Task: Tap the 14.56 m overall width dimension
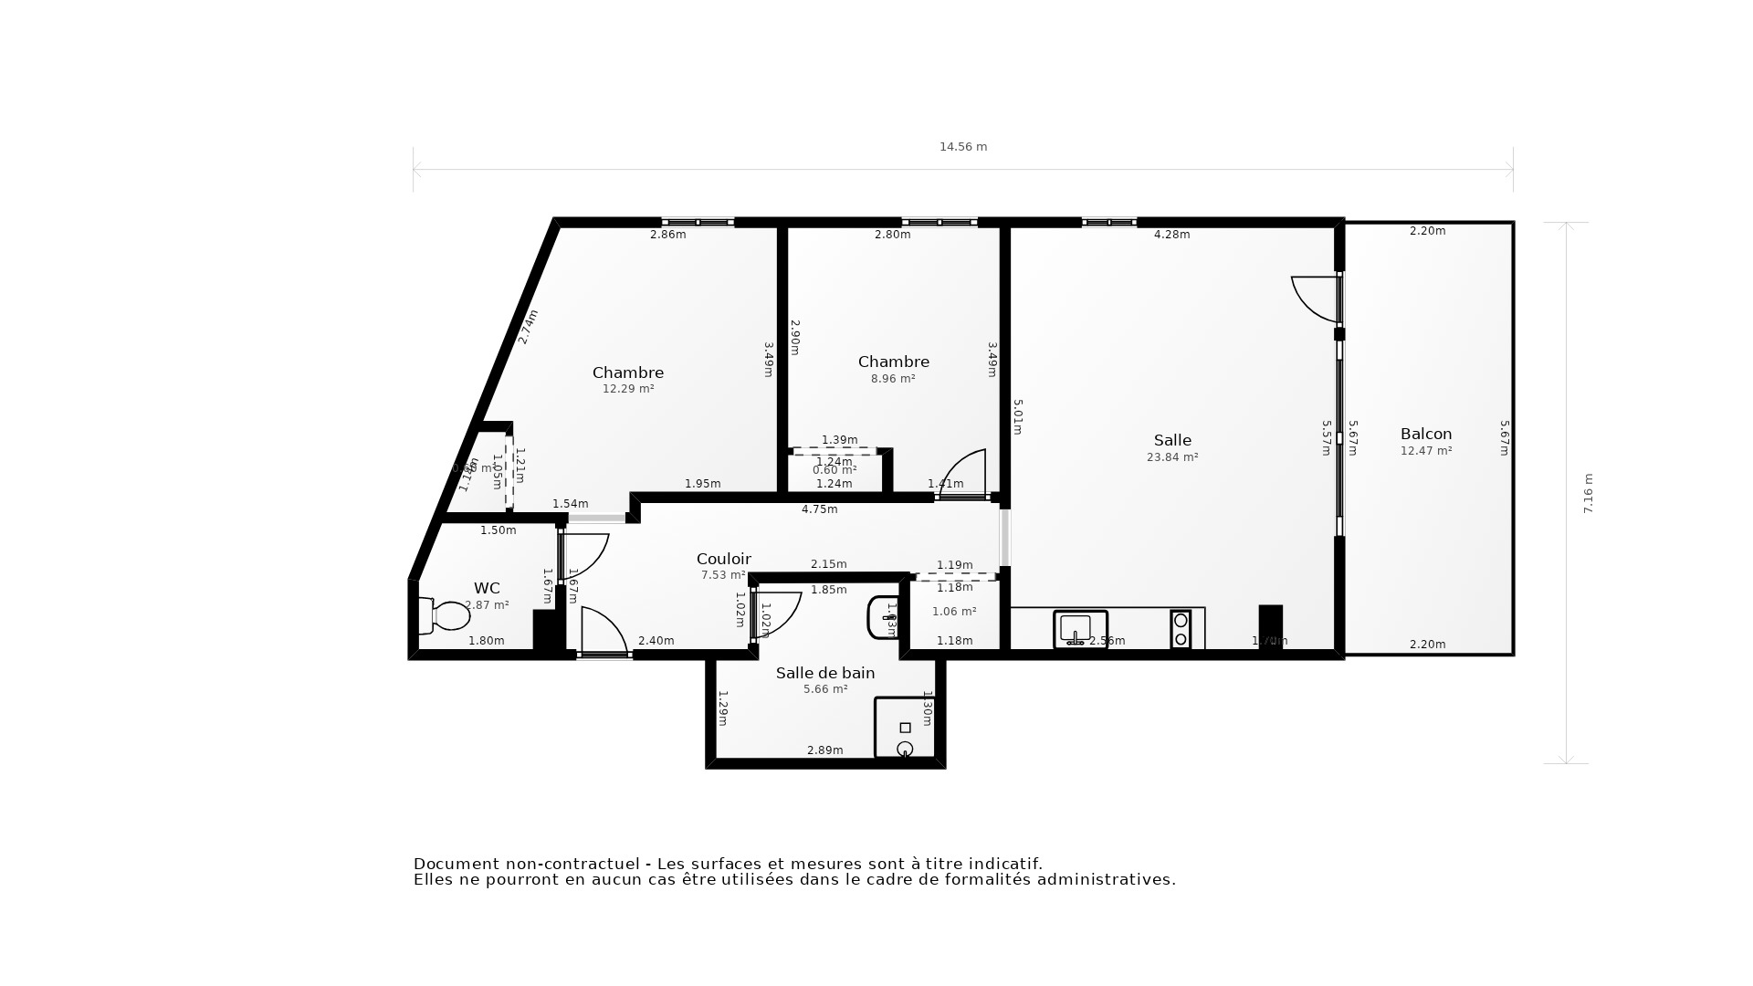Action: click(x=963, y=147)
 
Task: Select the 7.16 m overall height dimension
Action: click(x=1588, y=493)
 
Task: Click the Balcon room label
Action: click(x=1425, y=435)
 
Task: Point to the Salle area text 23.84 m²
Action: click(x=1172, y=457)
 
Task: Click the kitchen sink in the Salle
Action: click(x=1080, y=629)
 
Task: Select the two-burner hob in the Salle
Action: click(x=1181, y=629)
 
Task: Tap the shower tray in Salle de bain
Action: click(x=904, y=728)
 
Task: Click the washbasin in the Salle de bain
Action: click(x=882, y=618)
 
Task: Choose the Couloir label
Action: click(x=723, y=560)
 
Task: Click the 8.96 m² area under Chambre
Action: click(x=893, y=379)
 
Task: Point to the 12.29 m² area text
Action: click(x=628, y=389)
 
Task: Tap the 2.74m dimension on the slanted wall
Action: click(x=528, y=327)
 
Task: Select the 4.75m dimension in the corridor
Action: click(x=819, y=509)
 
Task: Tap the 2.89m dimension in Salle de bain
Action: click(x=824, y=750)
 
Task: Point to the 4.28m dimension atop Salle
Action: click(x=1171, y=235)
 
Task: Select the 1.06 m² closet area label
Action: click(x=954, y=612)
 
